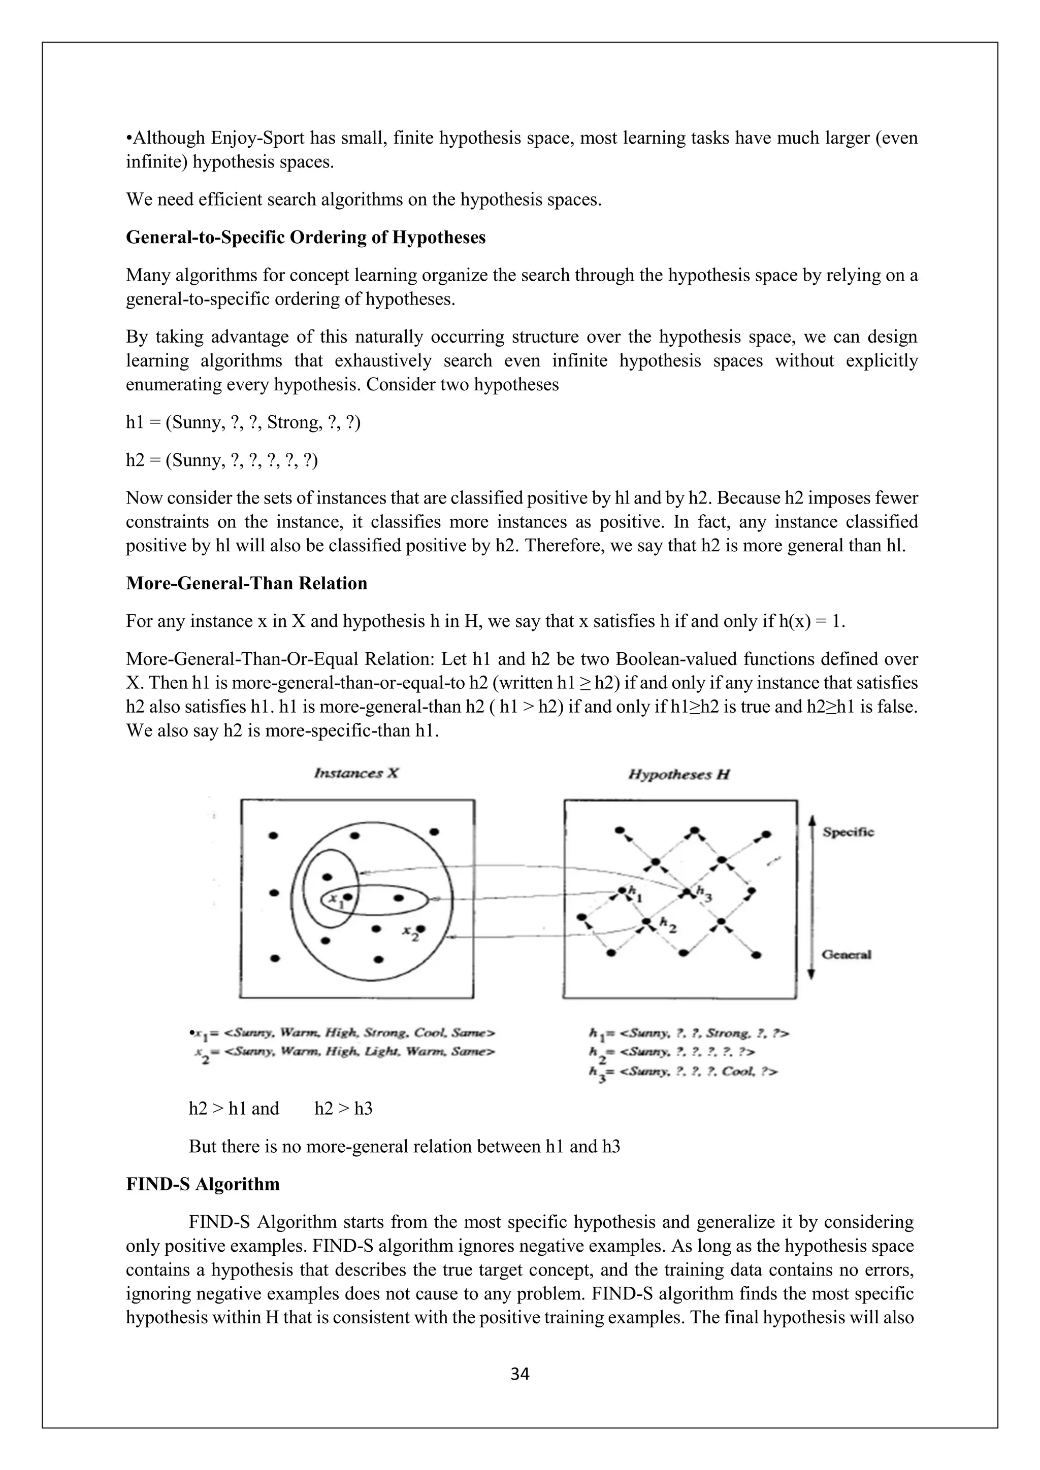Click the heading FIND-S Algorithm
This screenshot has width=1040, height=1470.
pos(203,1184)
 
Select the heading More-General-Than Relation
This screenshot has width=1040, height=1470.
pos(247,583)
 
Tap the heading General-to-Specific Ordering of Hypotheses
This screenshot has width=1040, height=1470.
pos(306,237)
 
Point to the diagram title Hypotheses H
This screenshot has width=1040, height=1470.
pos(679,775)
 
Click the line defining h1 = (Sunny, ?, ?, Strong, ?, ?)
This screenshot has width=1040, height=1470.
pos(243,422)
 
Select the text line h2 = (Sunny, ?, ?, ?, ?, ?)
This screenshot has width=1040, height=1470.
pos(221,460)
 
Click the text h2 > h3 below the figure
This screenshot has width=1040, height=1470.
pos(343,1108)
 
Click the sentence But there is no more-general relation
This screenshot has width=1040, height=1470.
pos(404,1146)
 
